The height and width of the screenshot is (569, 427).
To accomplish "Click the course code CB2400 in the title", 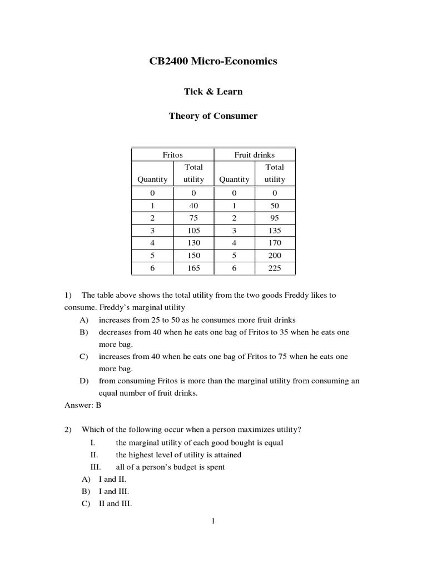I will tap(169, 62).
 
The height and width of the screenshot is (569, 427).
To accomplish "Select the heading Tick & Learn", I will tap(213, 92).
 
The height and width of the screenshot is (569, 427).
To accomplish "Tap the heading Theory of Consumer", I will tap(213, 116).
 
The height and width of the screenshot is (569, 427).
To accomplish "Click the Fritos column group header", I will tap(172, 155).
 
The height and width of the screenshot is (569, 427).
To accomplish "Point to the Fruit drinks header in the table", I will tap(255, 155).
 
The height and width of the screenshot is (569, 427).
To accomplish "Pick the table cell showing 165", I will tap(194, 268).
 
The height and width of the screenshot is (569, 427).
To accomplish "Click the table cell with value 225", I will tap(275, 268).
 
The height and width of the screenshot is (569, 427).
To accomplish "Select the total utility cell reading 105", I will tap(194, 231).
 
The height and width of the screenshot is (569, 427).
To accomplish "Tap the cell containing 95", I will tap(275, 218).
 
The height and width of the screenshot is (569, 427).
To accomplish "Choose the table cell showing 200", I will tap(275, 256).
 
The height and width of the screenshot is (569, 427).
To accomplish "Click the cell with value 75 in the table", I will tap(194, 218).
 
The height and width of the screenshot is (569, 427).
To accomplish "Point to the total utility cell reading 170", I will tap(275, 243).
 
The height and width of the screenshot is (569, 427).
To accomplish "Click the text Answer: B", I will tap(83, 405).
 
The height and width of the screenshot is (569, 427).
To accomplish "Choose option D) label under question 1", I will tap(85, 381).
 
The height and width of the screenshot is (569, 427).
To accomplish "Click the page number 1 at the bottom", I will tap(213, 521).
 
